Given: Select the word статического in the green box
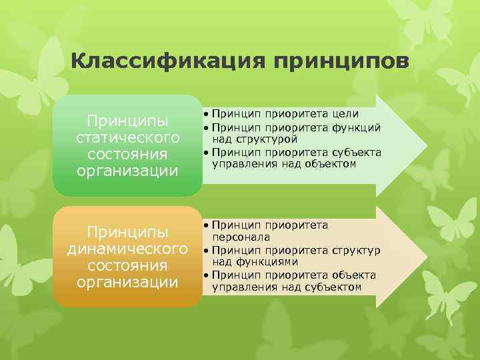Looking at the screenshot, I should pyautogui.click(x=127, y=138).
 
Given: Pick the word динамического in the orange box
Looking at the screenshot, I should pyautogui.click(x=127, y=249).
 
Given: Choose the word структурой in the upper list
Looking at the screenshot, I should pyautogui.click(x=243, y=139).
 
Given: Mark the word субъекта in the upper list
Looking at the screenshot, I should pyautogui.click(x=357, y=152).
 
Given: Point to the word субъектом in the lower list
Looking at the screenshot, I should pyautogui.click(x=333, y=287).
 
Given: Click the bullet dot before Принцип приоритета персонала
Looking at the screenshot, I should pyautogui.click(x=207, y=225).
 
